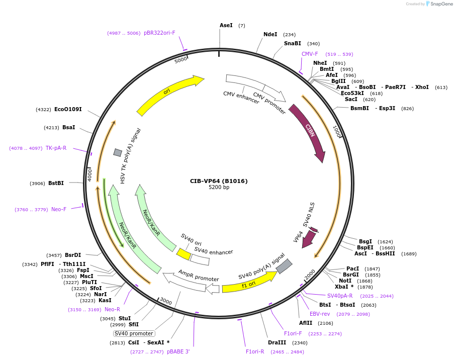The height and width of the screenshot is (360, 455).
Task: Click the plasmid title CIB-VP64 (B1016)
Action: [219, 181]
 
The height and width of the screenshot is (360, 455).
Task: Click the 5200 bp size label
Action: [219, 188]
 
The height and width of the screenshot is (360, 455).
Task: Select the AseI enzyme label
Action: [226, 25]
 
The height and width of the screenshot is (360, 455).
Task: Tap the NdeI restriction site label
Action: [270, 35]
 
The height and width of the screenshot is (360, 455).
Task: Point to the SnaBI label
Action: [292, 44]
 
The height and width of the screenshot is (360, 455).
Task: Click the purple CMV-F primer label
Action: [310, 54]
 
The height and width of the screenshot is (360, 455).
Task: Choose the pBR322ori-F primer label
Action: [159, 33]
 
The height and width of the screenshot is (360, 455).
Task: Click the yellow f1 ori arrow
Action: [249, 284]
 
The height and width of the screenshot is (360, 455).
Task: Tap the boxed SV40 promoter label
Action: [134, 333]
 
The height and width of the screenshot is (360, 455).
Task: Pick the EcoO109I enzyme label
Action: [68, 110]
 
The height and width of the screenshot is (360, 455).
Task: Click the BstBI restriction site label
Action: [56, 184]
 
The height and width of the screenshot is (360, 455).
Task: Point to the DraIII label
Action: [277, 343]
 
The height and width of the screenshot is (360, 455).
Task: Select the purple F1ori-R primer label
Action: [255, 352]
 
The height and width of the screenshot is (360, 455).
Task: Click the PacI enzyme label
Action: [353, 269]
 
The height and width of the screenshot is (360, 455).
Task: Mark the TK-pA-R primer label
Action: [56, 148]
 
